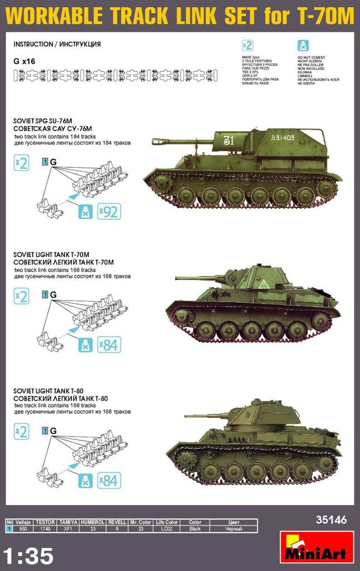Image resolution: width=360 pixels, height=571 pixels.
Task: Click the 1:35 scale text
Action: tap(28, 555)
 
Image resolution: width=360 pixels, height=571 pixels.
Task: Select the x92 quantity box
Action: tap(109, 211)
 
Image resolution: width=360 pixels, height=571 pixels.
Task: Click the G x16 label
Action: tap(26, 62)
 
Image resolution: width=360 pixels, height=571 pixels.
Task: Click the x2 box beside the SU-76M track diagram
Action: tap(21, 164)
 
